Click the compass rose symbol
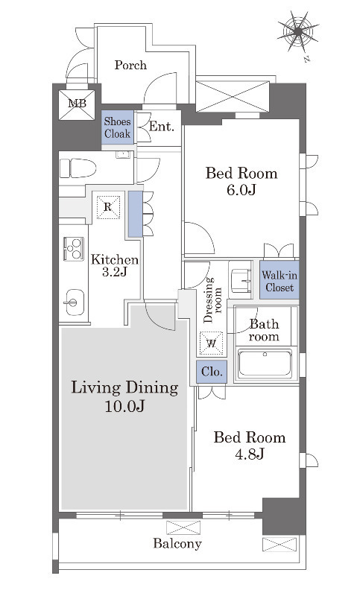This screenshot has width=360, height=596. (298, 32)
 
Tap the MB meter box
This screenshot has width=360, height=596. (78, 104)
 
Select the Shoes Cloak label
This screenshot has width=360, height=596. (118, 127)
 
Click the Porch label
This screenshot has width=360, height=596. (130, 65)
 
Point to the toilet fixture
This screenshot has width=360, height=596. (78, 168)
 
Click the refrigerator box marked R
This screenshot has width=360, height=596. (108, 207)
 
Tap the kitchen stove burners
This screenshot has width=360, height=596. (73, 249)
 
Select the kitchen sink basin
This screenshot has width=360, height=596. (75, 302)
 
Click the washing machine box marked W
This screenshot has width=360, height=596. (212, 343)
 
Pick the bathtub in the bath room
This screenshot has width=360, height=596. (265, 364)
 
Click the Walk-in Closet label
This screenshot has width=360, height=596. (280, 282)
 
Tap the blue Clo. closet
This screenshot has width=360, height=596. (212, 372)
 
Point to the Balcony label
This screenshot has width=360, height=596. (177, 544)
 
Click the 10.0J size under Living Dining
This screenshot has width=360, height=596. (124, 406)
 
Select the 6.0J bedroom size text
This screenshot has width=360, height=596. (241, 189)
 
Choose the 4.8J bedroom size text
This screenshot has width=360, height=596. (250, 454)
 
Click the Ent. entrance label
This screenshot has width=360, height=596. (162, 126)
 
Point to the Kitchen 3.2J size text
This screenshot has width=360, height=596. (115, 272)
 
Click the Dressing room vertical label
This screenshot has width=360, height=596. (213, 300)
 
